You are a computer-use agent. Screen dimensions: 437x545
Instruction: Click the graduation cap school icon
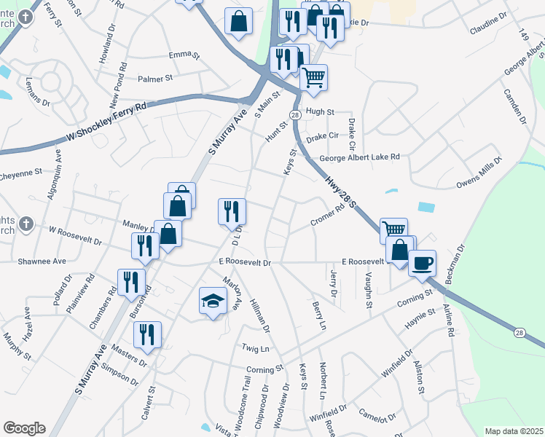pos(213,302)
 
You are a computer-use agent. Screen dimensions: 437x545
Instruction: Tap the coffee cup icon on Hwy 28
pos(423,263)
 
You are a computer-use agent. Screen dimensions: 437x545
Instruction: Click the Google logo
pos(24,428)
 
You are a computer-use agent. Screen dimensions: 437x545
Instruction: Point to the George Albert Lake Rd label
pos(360,157)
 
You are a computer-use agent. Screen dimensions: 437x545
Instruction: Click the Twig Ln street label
pos(256,349)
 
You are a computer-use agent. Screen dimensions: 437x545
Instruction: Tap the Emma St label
pos(184,55)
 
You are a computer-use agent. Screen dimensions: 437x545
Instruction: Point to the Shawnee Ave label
pos(42,261)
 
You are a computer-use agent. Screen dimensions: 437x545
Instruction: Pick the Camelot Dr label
pos(377,415)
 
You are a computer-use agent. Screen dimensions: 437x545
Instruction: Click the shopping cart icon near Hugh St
pos(313,76)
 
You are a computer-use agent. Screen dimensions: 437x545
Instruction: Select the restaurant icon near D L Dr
pos(232,211)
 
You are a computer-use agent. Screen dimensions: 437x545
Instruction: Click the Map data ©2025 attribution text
pos(514,431)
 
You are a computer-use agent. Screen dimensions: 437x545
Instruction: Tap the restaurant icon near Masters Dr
pos(147,334)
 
